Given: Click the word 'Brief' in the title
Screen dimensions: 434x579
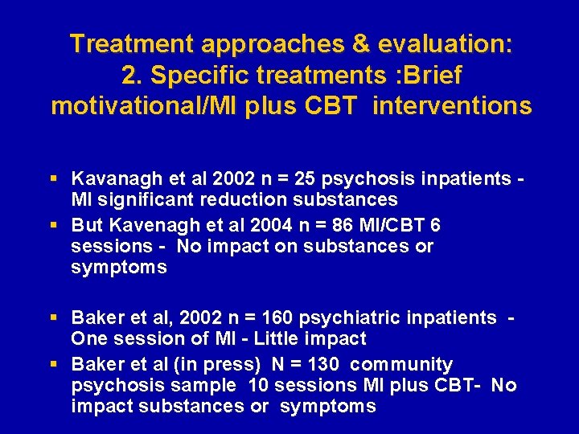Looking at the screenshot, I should pos(434,75).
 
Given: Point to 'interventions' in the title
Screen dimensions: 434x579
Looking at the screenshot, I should pos(451,106).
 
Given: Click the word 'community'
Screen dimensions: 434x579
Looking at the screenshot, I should pos(401,365).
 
